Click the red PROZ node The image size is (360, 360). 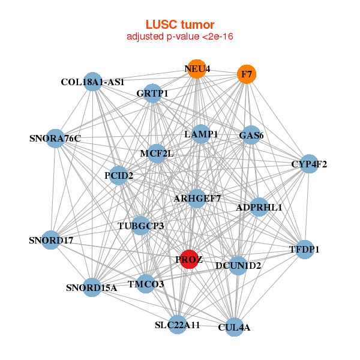point(189,259)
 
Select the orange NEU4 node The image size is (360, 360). point(196,69)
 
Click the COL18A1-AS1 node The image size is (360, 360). point(92,82)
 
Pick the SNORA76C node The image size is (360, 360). point(55,139)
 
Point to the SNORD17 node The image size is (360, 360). point(52,241)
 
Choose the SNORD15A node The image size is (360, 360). point(92,287)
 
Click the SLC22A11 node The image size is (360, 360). point(177,325)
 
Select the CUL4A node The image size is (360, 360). point(234,327)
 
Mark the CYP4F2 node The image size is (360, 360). point(308,164)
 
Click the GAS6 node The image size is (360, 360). point(251,136)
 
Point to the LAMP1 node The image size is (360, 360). point(201,134)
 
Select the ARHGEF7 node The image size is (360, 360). point(197,198)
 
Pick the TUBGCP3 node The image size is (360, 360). point(140,226)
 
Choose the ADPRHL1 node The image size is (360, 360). point(259,208)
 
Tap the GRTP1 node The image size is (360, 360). point(152,93)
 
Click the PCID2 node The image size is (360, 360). point(118,175)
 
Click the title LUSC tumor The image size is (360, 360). point(180,25)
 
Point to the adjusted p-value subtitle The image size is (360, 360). point(180,37)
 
